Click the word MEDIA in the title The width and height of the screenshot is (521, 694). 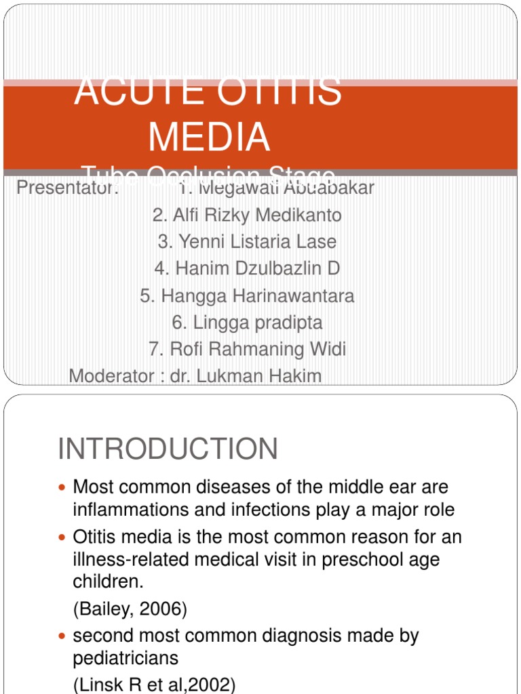[x=209, y=136]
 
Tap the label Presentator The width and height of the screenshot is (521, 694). [x=67, y=188]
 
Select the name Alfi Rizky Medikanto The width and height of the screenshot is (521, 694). [x=247, y=216]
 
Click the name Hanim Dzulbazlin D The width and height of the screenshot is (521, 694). [x=247, y=268]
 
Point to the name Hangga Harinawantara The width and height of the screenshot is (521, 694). [x=247, y=295]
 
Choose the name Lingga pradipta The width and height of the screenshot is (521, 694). [x=247, y=323]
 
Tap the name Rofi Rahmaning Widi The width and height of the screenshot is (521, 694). [x=247, y=349]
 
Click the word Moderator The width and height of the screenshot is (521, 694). [x=112, y=375]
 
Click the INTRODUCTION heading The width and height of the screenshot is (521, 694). [x=168, y=449]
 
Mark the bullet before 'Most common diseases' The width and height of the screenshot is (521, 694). [x=63, y=488]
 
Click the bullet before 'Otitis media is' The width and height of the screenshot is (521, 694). [x=63, y=537]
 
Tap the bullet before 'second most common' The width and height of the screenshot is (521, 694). [x=63, y=636]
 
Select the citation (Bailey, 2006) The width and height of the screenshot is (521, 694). [x=130, y=609]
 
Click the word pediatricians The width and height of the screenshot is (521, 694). [x=126, y=658]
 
